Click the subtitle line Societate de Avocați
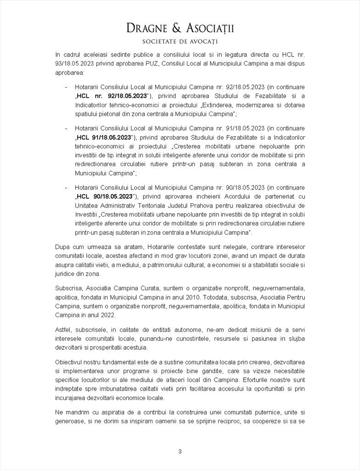click(180, 42)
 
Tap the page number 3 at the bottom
click(180, 451)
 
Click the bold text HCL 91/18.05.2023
click(104, 137)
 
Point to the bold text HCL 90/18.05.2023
click(104, 196)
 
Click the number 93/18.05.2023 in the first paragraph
click(75, 63)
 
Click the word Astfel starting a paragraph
click(63, 330)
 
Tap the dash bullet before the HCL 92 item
click(67, 87)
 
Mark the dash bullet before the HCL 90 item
click(67, 188)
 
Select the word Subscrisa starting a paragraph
click(69, 289)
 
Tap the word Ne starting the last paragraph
click(59, 413)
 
